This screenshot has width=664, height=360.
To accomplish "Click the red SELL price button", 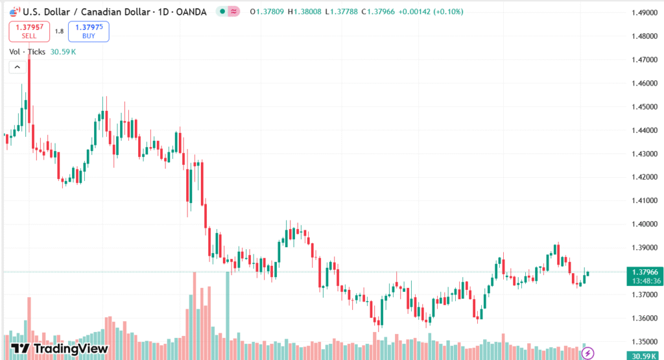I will [29, 31].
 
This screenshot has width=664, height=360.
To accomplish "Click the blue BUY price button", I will [88, 31].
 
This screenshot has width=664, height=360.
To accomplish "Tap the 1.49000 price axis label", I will [645, 13].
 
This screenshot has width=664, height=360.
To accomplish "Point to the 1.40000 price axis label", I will [645, 224].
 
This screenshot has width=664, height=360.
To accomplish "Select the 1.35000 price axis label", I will [645, 341].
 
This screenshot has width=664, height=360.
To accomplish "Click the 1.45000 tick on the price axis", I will [645, 106].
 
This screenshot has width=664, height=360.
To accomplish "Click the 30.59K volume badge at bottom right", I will [645, 355].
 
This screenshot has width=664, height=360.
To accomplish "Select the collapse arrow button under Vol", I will [18, 67].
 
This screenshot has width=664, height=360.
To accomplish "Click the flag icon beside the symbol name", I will [14, 12].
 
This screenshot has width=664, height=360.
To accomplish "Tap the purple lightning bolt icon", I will [587, 353].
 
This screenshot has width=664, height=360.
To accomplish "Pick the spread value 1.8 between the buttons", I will [59, 31].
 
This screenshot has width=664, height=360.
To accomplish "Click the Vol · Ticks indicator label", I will [27, 51].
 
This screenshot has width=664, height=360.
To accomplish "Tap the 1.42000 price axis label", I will [645, 177].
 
